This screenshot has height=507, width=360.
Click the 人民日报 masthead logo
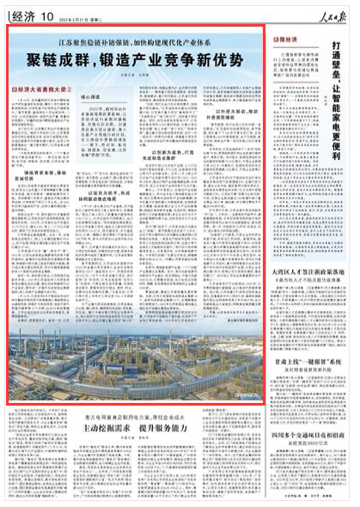coord(333,9)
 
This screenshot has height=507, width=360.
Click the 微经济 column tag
coord(284,40)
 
